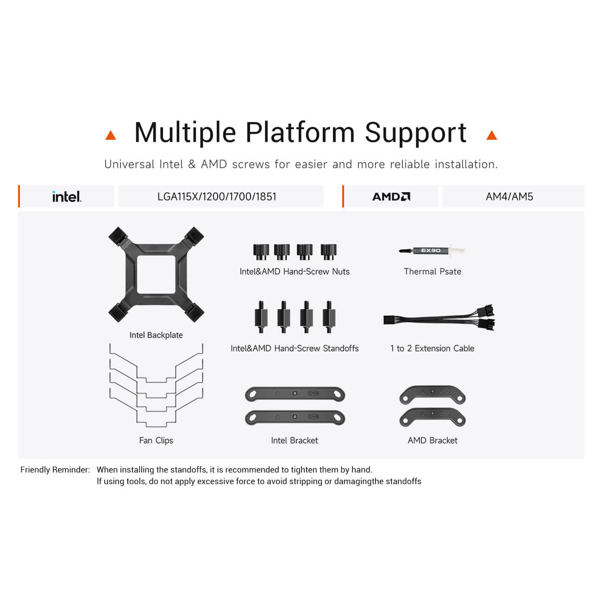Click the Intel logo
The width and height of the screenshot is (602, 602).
pyautogui.click(x=67, y=196)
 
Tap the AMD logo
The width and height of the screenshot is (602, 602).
pyautogui.click(x=391, y=196)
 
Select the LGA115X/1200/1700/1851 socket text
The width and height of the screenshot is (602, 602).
pyautogui.click(x=217, y=196)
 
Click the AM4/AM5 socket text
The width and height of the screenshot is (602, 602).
pyautogui.click(x=509, y=196)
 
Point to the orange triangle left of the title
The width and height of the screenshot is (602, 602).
pyautogui.click(x=111, y=136)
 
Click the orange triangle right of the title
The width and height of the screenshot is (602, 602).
pyautogui.click(x=491, y=136)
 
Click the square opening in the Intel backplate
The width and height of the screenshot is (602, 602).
pyautogui.click(x=156, y=274)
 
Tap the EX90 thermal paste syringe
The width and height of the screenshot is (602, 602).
pyautogui.click(x=432, y=250)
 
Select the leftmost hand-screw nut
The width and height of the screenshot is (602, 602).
pyautogui.click(x=261, y=252)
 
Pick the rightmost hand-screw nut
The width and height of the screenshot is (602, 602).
pyautogui.click(x=329, y=252)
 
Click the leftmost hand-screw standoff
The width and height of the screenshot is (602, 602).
pyautogui.click(x=261, y=317)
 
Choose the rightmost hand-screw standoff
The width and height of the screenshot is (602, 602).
pyautogui.click(x=329, y=317)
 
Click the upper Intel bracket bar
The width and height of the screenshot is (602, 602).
pyautogui.click(x=295, y=394)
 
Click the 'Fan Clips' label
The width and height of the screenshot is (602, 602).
pyautogui.click(x=156, y=440)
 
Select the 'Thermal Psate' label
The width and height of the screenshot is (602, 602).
pyautogui.click(x=433, y=271)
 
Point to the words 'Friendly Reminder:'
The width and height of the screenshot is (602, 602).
pyautogui.click(x=55, y=470)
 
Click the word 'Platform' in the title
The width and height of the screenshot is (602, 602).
pyautogui.click(x=300, y=132)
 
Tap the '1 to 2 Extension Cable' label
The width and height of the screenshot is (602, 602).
pyautogui.click(x=433, y=348)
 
